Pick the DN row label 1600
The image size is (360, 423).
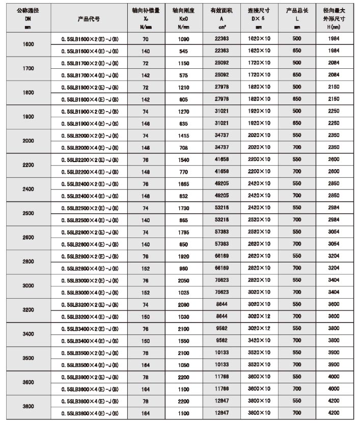point(29,44)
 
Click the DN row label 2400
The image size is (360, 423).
point(29,189)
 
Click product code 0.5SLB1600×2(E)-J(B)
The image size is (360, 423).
point(90,39)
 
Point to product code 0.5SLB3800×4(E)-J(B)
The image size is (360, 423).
point(90,413)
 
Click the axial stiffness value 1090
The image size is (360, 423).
point(182,39)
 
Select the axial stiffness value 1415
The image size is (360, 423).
point(182,136)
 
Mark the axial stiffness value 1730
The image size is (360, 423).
point(182,208)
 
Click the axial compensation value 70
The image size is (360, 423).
point(145,39)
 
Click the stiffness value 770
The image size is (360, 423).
point(182,172)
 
